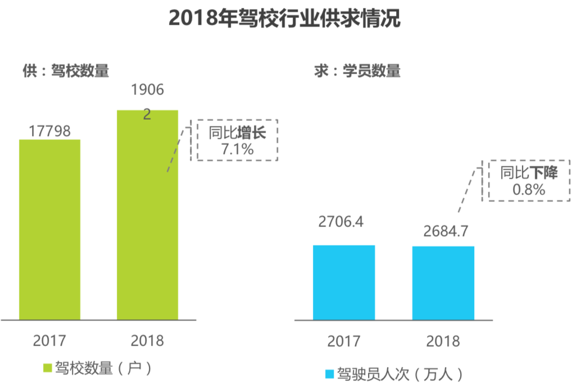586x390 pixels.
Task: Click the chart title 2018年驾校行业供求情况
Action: tap(284, 18)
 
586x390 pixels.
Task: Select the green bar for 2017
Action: tap(49, 229)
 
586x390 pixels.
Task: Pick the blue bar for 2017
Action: tap(344, 282)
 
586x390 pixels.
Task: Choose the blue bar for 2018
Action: tap(443, 283)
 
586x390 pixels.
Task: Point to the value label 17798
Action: tap(49, 131)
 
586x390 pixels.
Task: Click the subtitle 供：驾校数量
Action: tap(65, 71)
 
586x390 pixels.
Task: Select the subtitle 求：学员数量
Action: tap(357, 71)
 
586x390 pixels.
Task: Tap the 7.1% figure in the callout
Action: tap(238, 149)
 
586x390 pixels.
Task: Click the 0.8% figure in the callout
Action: tap(529, 190)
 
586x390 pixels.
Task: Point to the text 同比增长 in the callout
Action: tap(237, 134)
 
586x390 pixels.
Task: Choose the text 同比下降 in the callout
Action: tap(529, 173)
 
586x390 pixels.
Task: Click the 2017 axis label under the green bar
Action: tap(49, 341)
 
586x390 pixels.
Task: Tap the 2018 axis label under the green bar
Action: tap(147, 341)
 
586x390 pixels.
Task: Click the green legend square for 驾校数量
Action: tap(47, 368)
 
